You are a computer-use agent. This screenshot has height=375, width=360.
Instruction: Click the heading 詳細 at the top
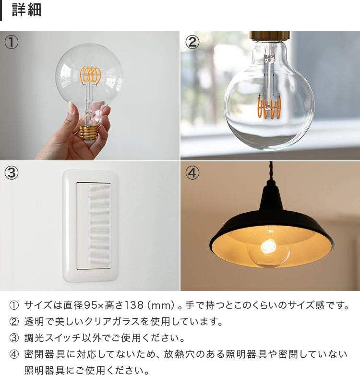(x=27, y=10)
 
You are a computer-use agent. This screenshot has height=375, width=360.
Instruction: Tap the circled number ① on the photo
(x=12, y=42)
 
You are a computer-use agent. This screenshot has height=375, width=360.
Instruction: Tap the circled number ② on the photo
(x=192, y=42)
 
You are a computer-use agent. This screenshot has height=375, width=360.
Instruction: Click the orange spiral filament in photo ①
(x=91, y=74)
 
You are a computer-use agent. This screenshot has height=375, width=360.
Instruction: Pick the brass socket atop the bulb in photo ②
(x=270, y=36)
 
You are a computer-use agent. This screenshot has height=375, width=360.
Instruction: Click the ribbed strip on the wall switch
(x=100, y=226)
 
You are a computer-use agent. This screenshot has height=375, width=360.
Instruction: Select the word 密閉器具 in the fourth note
(x=41, y=354)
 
